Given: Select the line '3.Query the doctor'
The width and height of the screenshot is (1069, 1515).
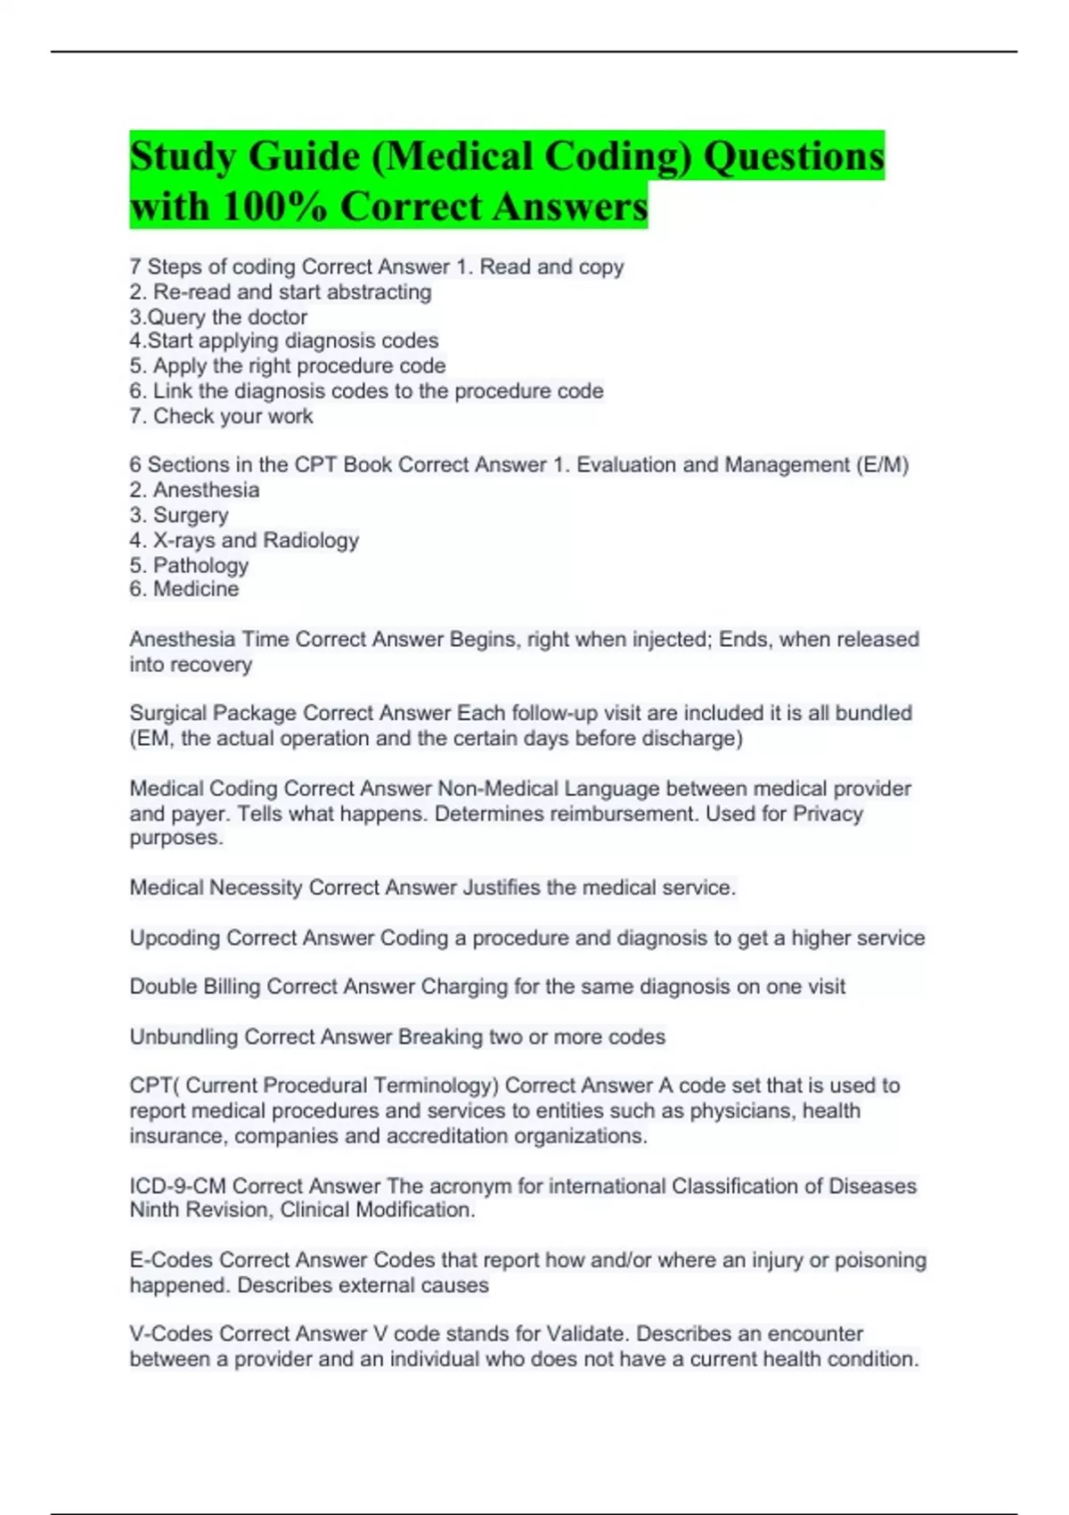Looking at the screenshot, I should (x=218, y=317).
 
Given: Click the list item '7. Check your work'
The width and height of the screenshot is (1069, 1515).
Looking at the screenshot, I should (x=221, y=416).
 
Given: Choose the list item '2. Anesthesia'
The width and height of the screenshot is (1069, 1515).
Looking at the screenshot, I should (x=194, y=490).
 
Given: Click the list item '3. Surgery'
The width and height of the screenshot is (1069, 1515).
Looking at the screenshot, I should (x=179, y=515).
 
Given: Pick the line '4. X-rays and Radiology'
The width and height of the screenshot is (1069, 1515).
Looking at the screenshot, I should (x=244, y=540).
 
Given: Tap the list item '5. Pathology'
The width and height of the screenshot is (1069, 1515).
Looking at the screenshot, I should (x=189, y=565).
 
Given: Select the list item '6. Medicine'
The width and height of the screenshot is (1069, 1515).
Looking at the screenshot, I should (x=184, y=589).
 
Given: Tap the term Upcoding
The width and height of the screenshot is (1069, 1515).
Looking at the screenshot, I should (x=175, y=938).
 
